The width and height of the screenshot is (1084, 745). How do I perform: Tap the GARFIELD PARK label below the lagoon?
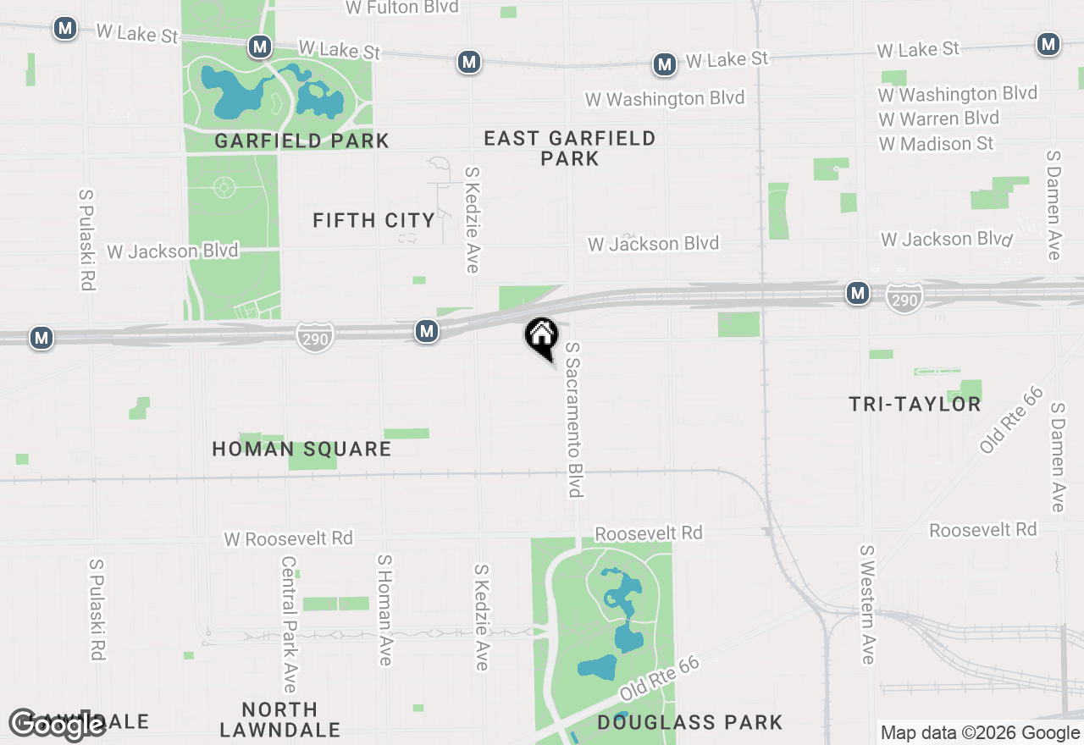(301, 141)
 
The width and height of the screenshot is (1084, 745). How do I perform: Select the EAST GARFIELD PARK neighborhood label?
(570, 148)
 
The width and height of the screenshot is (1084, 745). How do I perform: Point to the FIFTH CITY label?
(373, 221)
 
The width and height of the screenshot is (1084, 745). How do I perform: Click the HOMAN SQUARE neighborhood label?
(301, 449)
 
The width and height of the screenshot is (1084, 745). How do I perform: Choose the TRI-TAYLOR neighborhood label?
(915, 404)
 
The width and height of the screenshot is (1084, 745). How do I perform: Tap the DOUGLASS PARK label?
(689, 722)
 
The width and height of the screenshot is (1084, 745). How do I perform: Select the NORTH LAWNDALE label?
(279, 719)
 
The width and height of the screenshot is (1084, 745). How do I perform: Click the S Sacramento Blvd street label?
(575, 419)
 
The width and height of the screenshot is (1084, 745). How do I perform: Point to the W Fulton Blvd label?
(402, 8)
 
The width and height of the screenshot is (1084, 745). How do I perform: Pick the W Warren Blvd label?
(938, 119)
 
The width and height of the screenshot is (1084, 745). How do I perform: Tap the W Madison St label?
(936, 144)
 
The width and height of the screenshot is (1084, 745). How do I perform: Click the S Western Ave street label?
(867, 604)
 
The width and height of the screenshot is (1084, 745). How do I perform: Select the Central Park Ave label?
(289, 623)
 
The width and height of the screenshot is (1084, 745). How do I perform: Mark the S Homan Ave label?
(385, 610)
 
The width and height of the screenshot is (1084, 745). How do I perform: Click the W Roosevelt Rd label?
(288, 538)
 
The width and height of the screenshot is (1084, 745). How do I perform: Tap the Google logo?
(58, 724)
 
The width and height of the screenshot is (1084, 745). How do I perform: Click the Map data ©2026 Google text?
(980, 733)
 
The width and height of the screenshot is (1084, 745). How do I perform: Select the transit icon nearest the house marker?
(427, 331)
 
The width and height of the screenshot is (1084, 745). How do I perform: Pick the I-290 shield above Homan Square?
(314, 337)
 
